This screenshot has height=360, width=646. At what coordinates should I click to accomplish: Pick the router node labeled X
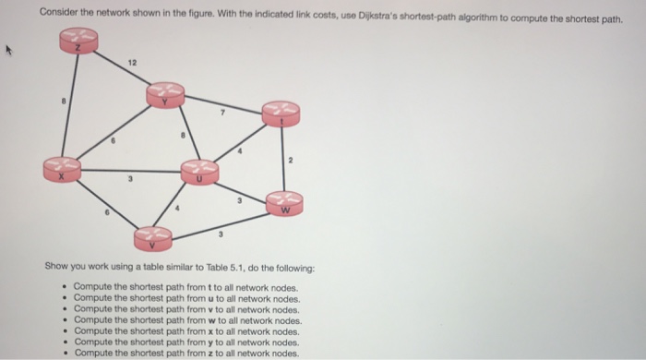click(x=63, y=168)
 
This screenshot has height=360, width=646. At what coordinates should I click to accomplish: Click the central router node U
click(x=198, y=171)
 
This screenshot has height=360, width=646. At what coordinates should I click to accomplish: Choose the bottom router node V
click(x=152, y=238)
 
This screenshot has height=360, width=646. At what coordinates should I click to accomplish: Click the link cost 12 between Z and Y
click(x=133, y=62)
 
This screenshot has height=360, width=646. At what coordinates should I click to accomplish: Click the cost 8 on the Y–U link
click(x=183, y=136)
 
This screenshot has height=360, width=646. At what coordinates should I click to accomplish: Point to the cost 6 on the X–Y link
click(x=113, y=142)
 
